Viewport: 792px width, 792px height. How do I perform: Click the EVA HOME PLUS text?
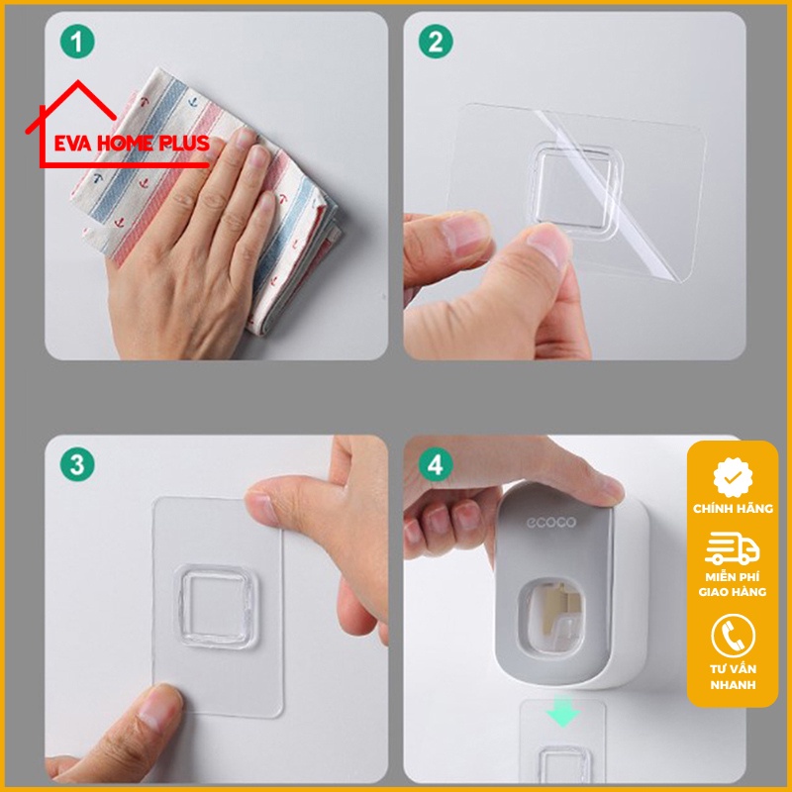pos(124,143)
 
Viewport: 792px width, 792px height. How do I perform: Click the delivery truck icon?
pos(733,550)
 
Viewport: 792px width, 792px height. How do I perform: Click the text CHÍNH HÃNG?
pos(733,508)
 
